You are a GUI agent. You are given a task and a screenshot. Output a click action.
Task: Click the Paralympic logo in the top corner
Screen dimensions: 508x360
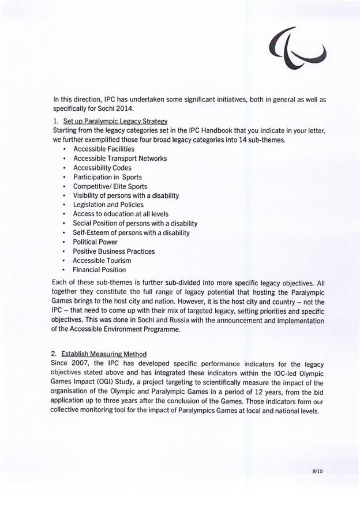[298, 49]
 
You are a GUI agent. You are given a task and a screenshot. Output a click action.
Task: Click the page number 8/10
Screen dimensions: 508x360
[317, 471]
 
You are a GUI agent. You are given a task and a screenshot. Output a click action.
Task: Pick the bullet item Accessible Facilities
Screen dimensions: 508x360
[104, 149]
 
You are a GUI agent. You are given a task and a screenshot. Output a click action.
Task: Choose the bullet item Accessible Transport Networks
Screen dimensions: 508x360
[120, 159]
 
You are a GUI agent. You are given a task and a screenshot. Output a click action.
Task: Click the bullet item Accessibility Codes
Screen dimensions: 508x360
[102, 168]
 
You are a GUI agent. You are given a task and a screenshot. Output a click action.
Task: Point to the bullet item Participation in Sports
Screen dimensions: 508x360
[107, 177]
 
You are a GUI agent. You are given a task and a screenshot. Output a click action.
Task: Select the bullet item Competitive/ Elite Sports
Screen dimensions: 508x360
[110, 186]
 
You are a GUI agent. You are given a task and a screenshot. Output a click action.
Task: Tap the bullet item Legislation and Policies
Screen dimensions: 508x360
[108, 205]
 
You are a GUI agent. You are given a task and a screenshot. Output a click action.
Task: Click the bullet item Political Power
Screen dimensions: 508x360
[95, 242]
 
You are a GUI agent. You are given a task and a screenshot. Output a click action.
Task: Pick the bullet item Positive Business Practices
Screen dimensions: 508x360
[114, 251]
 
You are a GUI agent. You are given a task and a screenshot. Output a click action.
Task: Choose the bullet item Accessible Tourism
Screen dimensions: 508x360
[102, 260]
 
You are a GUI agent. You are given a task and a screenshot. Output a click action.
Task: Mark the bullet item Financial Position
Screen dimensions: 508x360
[99, 270]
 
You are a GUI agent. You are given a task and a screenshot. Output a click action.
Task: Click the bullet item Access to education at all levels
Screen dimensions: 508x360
[121, 214]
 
